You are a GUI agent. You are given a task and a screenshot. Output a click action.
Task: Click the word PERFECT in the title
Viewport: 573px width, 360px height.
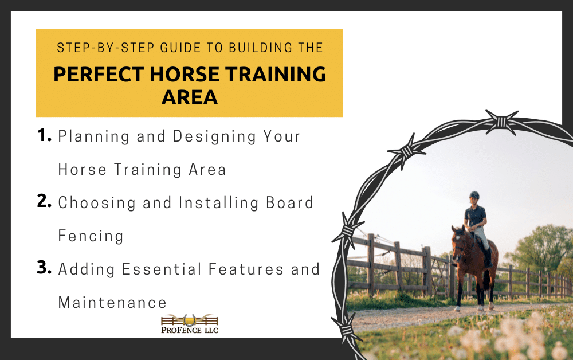(99, 74)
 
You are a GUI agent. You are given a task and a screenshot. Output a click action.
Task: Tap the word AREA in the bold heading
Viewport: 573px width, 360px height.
(190, 97)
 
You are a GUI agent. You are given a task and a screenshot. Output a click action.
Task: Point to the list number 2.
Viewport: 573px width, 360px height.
(44, 201)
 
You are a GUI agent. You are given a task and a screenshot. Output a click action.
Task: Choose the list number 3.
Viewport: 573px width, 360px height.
(44, 268)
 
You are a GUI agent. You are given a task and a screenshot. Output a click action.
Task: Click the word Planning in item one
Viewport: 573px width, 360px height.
(94, 136)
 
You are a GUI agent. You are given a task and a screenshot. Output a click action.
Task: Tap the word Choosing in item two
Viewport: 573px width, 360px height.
(97, 203)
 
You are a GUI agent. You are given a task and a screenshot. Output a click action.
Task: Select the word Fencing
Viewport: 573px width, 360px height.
(91, 236)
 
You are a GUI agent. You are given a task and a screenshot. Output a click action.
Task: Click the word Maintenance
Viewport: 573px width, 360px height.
(112, 303)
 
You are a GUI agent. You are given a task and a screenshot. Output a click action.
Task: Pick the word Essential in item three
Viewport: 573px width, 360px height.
(162, 269)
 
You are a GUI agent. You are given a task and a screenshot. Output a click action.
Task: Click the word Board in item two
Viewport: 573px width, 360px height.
(289, 203)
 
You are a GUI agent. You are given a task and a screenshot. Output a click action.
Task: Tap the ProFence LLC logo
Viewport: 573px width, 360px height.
(189, 324)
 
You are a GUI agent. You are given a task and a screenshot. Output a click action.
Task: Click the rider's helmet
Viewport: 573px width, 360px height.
(474, 195)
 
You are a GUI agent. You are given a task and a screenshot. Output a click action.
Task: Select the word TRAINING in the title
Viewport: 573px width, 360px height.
(275, 74)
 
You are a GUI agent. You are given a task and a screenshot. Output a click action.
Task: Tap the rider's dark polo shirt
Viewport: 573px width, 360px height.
(476, 216)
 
